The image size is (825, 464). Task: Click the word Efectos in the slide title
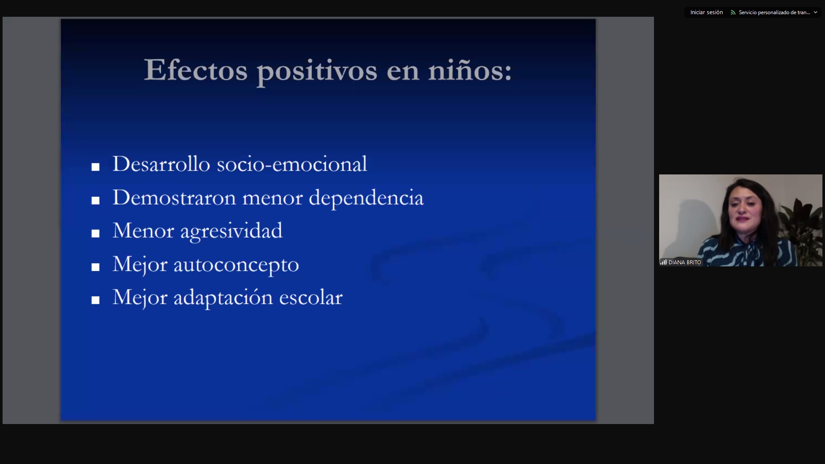[x=196, y=70]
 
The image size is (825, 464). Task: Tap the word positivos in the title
[x=317, y=71]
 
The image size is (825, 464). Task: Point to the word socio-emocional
[x=292, y=164]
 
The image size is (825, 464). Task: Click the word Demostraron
[x=174, y=197]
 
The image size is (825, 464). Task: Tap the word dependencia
[x=366, y=198]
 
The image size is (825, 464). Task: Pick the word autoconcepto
[x=236, y=265]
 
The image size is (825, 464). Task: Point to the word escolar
[x=311, y=297]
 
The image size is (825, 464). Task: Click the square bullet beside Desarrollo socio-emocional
[x=95, y=167]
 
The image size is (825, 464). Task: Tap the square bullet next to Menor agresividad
[x=95, y=233]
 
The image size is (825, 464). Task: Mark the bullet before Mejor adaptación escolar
[x=95, y=300]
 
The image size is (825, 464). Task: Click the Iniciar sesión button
[x=706, y=12]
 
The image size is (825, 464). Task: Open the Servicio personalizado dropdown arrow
[x=816, y=12]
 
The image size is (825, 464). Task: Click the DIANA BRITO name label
[x=684, y=262]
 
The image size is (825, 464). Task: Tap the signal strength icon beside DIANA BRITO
[x=663, y=262]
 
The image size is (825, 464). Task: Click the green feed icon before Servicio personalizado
[x=733, y=12]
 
